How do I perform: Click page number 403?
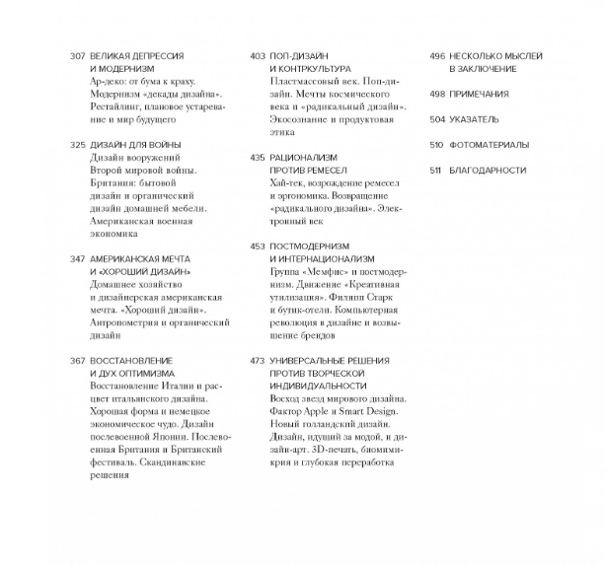(258, 56)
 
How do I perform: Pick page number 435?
(258, 158)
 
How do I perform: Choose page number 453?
(258, 247)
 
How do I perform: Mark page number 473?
(258, 361)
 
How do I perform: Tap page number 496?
(437, 56)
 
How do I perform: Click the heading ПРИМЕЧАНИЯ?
(480, 95)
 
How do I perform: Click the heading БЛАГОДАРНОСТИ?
(488, 171)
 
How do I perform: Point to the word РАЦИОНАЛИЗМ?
(303, 158)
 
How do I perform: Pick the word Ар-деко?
(109, 82)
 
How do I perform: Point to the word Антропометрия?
(127, 321)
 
